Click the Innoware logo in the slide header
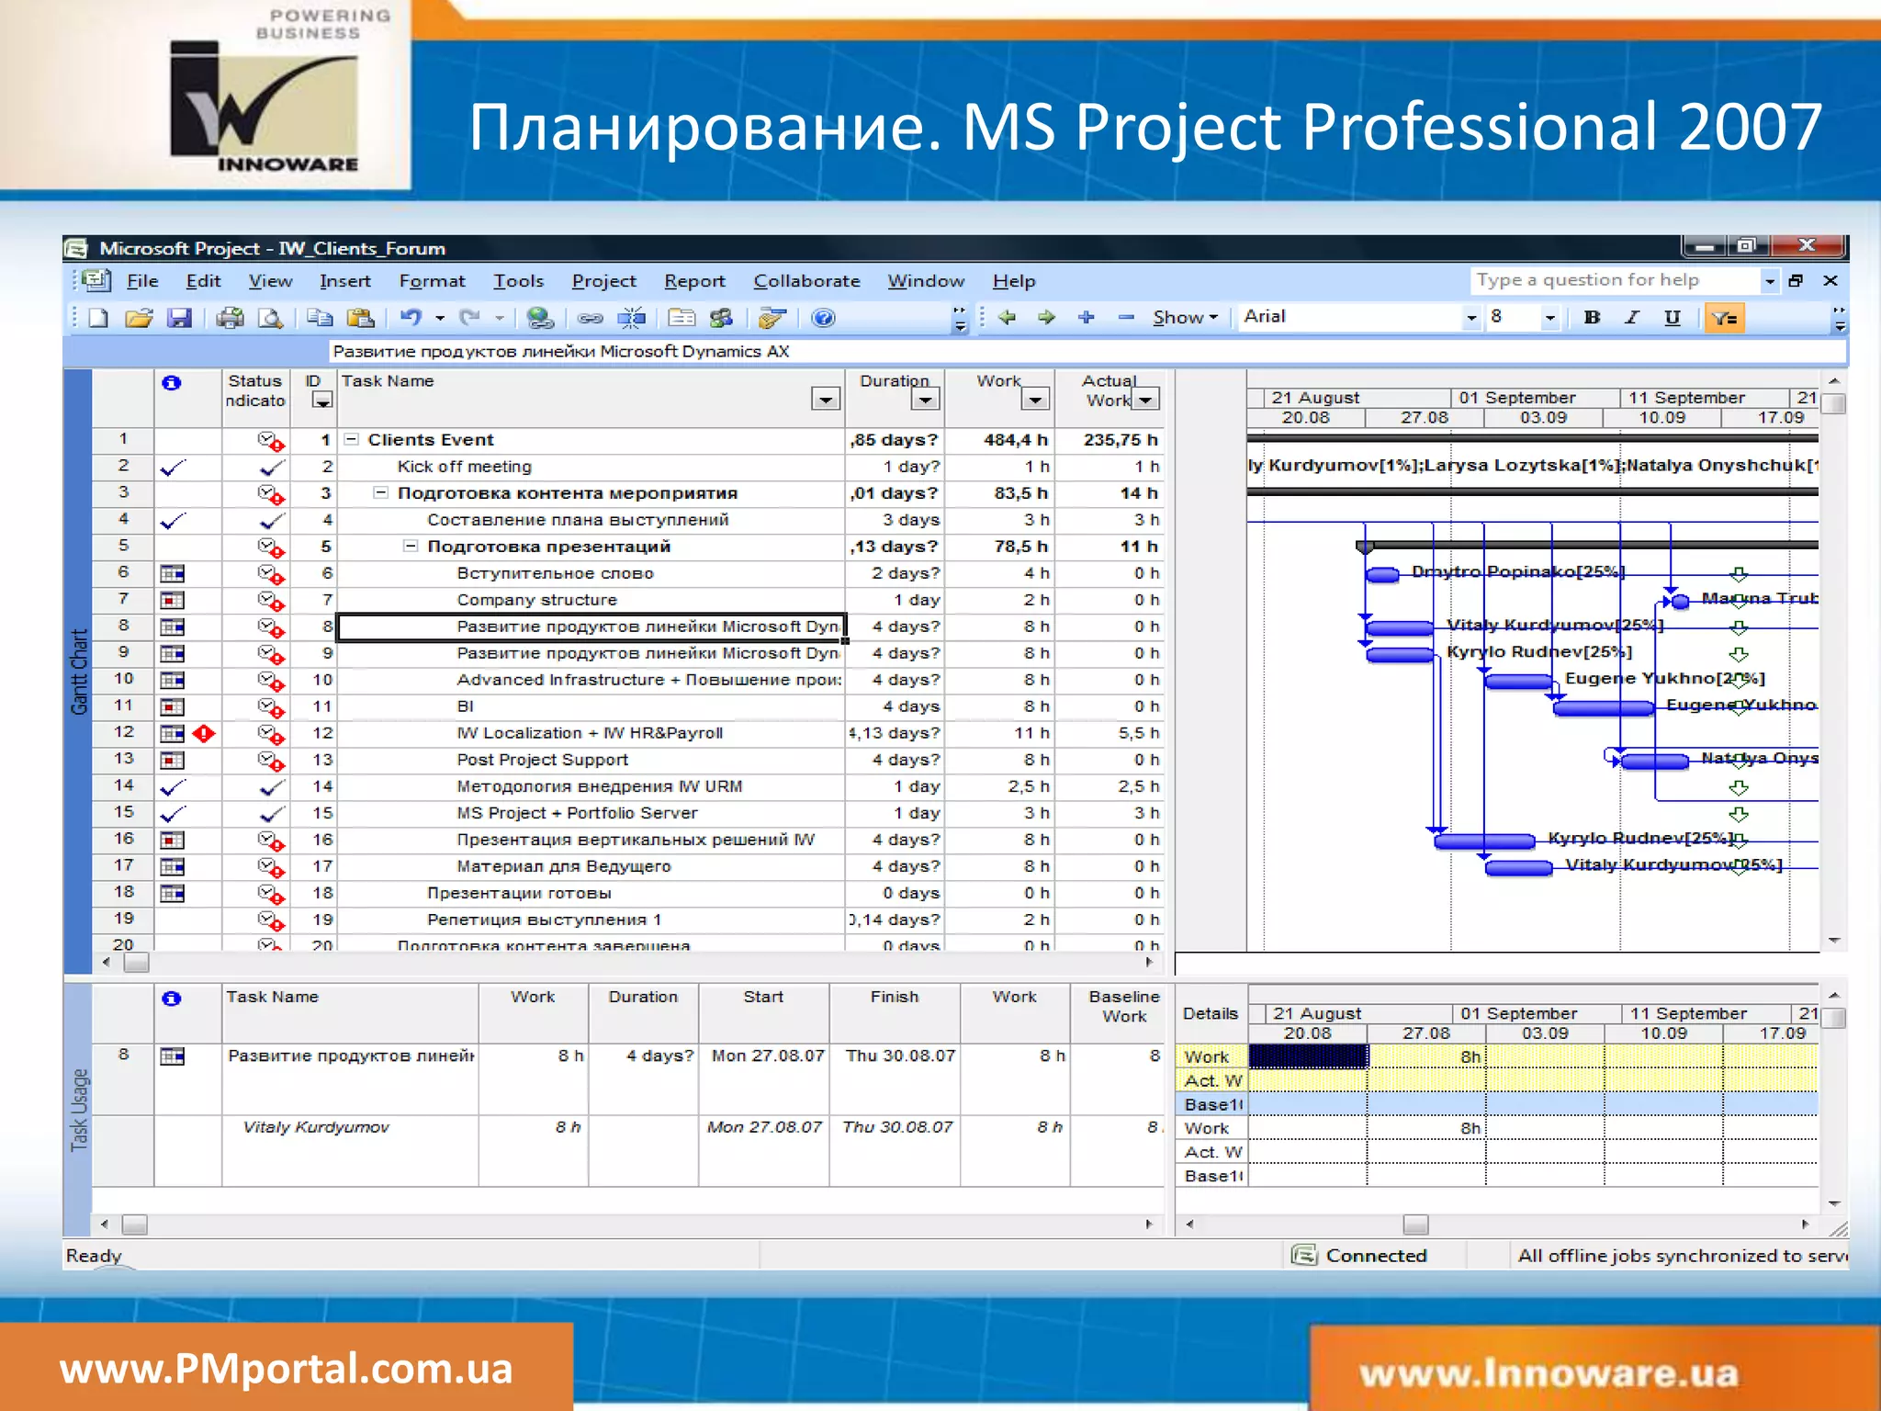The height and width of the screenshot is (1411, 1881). (x=265, y=106)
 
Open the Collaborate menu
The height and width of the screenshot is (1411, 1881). (x=806, y=281)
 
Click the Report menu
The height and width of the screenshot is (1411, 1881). (x=694, y=281)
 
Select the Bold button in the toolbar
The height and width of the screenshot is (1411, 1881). (x=1592, y=318)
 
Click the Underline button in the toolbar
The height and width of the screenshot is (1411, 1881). (x=1672, y=318)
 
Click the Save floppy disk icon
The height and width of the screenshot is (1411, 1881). (x=179, y=319)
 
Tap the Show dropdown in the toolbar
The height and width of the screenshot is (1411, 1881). (x=1185, y=318)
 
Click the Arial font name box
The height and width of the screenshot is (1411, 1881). (x=1350, y=317)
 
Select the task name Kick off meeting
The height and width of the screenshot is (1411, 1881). (x=464, y=467)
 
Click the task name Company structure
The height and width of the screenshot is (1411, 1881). (x=536, y=600)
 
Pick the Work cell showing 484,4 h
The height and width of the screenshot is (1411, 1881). (x=1016, y=440)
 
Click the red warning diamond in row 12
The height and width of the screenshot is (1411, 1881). (x=204, y=733)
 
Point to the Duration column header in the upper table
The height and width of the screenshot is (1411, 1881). (x=894, y=381)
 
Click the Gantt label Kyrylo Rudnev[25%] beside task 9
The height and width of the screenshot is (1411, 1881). (x=1539, y=652)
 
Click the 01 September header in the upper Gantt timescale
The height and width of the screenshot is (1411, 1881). (x=1517, y=398)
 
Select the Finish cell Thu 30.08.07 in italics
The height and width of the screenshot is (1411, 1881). (x=897, y=1127)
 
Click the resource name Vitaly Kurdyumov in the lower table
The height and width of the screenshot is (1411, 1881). (x=316, y=1127)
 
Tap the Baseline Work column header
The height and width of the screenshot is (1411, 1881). (x=1123, y=1007)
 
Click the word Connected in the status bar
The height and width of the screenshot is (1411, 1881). (x=1376, y=1256)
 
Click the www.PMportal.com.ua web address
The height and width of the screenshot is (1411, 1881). (x=286, y=1369)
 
